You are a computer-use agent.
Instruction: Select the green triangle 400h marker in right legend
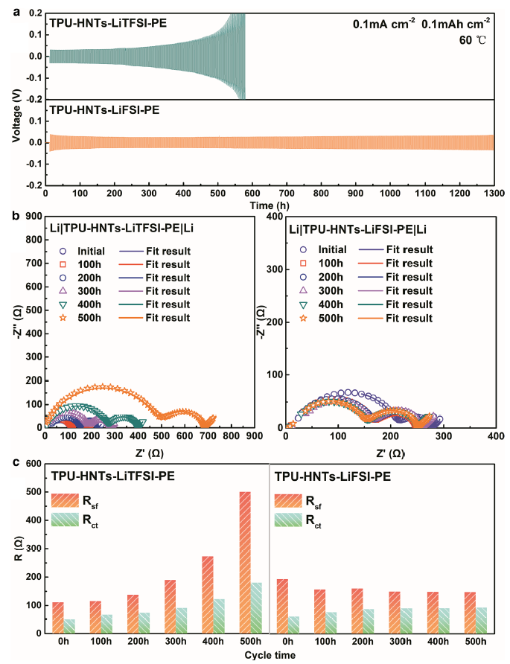pyautogui.click(x=305, y=304)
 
